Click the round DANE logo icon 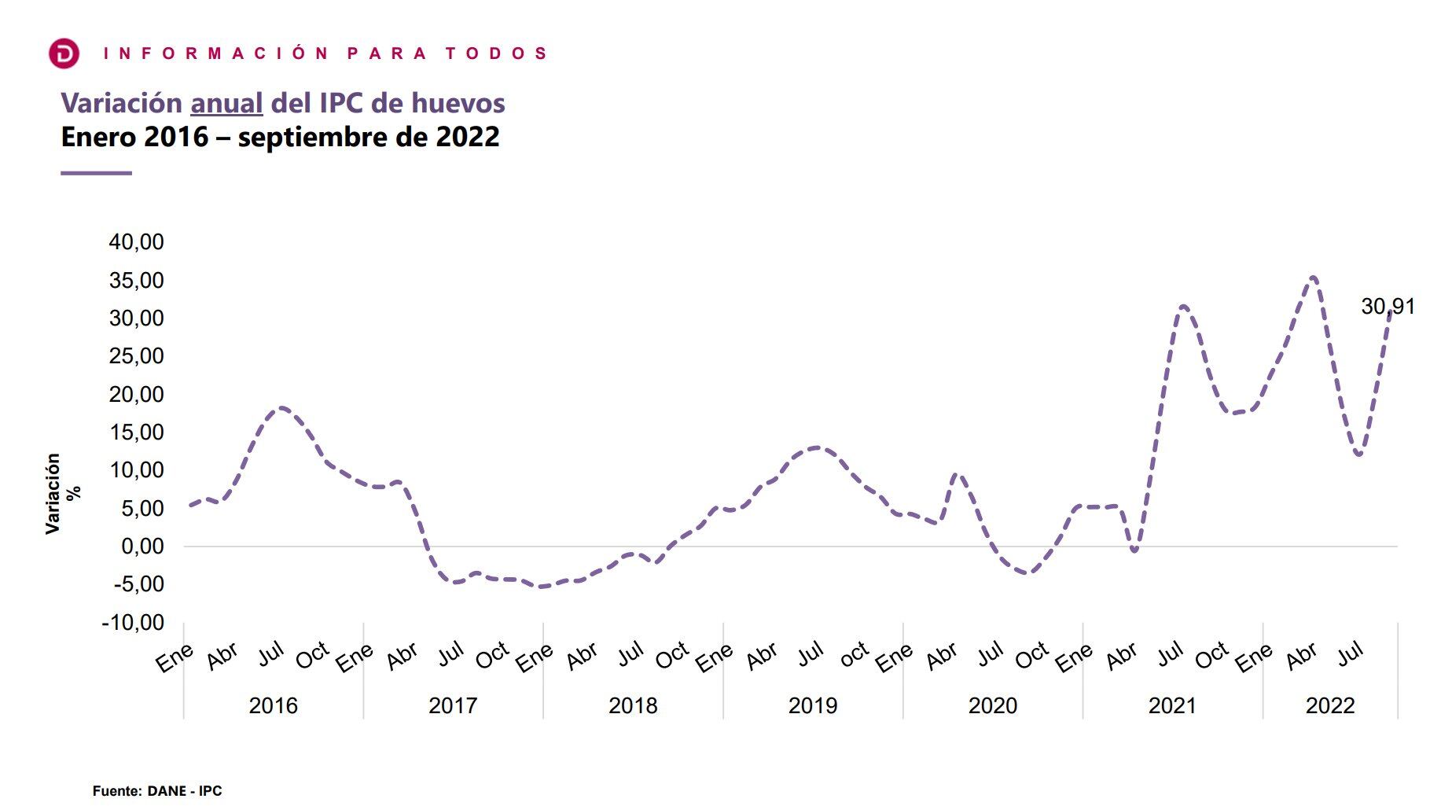(x=64, y=53)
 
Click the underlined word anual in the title (x=226, y=103)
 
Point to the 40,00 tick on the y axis (x=137, y=241)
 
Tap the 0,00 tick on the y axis (x=142, y=546)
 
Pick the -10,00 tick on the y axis (x=134, y=622)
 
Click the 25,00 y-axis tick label (x=137, y=356)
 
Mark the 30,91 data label (x=1388, y=307)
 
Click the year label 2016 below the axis (x=273, y=705)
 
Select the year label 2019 (x=813, y=705)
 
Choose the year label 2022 (x=1330, y=705)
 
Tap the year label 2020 (x=992, y=705)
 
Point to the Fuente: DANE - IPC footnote (x=157, y=791)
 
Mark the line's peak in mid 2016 (x=281, y=407)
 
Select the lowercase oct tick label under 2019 (x=855, y=653)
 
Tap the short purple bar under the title (x=96, y=173)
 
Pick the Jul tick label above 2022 (x=1351, y=653)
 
